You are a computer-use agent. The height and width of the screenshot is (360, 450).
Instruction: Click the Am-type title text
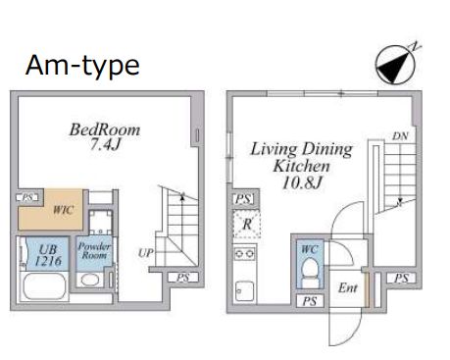82,67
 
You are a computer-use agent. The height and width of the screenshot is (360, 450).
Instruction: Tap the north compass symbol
396,64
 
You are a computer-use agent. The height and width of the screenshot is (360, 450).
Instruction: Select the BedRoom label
105,129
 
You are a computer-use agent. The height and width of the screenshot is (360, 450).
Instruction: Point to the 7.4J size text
105,144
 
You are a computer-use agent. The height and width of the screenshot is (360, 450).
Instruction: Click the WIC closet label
64,210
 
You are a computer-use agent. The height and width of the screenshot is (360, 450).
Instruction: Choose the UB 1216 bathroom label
48,255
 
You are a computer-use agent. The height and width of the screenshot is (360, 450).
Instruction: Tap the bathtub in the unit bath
45,286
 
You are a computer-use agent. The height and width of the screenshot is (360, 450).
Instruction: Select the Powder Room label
94,250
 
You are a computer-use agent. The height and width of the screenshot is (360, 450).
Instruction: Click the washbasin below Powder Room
90,280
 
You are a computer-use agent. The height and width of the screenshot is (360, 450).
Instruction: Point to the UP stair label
146,253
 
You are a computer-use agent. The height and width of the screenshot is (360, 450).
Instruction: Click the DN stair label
400,135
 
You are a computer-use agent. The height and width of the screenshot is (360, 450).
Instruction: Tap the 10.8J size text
303,182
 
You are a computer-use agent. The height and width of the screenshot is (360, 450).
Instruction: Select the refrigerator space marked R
247,225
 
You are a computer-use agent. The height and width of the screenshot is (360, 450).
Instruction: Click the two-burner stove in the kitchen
245,253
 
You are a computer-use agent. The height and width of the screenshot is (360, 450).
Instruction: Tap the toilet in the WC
310,274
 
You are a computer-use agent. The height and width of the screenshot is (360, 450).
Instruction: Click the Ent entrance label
348,287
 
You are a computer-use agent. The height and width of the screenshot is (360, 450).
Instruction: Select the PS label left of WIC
27,197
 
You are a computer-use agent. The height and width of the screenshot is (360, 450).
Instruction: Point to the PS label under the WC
310,301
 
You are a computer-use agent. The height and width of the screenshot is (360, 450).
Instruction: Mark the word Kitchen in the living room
302,166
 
